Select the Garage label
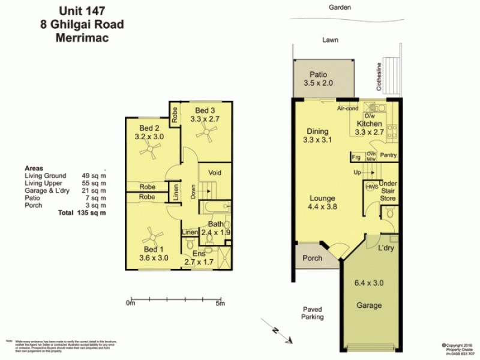coord(369,305)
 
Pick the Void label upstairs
coord(214,172)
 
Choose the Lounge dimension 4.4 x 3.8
coord(322,208)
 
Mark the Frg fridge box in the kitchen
coord(356,157)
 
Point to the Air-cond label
coord(347,109)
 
